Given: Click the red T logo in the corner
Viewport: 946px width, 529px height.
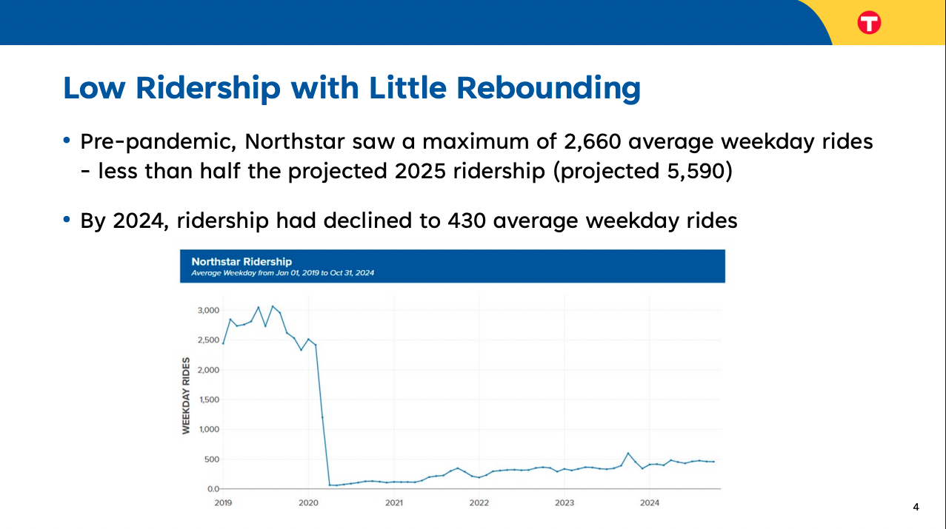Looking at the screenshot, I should tap(869, 23).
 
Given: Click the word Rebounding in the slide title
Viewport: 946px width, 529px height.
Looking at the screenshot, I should tap(548, 87).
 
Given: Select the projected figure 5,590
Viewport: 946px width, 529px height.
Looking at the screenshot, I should tap(693, 172).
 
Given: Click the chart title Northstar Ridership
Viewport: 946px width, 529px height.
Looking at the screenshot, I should tap(242, 261).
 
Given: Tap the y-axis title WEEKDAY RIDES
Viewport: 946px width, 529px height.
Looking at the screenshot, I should tap(186, 396).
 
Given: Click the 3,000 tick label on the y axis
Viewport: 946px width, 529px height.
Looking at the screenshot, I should tap(208, 310).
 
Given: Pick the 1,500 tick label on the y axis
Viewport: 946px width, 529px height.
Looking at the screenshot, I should tap(208, 400).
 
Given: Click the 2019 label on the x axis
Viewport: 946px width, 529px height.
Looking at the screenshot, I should tap(223, 503).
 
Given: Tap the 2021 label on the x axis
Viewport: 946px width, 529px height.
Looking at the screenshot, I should tap(393, 503).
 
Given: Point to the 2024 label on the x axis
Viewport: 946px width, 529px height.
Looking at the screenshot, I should tap(649, 503).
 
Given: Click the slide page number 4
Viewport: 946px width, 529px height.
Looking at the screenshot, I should tap(916, 508).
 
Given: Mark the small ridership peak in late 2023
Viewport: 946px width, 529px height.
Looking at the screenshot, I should tap(628, 453).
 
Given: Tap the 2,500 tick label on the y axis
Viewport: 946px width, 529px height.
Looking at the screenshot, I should tap(208, 340).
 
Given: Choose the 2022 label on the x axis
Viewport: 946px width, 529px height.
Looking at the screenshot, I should tap(479, 503).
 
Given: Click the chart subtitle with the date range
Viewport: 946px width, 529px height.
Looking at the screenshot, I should tap(282, 273).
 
